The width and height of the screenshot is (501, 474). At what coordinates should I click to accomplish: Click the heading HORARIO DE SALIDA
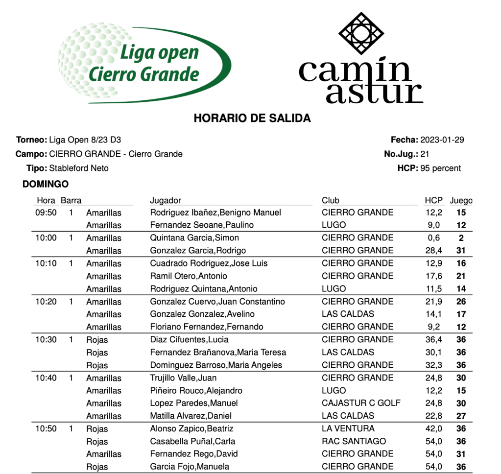(x=252, y=118)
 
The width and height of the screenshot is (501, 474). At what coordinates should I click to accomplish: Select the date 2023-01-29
(x=442, y=140)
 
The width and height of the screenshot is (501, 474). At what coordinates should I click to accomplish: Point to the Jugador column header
(x=166, y=200)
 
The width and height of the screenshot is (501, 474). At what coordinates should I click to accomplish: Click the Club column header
(x=331, y=200)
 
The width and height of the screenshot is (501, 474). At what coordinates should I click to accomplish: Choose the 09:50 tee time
(x=46, y=213)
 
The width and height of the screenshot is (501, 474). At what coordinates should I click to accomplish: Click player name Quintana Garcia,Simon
(x=194, y=238)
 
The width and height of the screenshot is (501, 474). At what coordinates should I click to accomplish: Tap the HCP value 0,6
(x=433, y=238)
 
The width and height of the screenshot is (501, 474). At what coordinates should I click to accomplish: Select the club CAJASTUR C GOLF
(x=361, y=403)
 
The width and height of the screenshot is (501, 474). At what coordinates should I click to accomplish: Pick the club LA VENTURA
(x=348, y=428)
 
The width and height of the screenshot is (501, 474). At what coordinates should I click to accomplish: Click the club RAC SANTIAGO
(x=354, y=441)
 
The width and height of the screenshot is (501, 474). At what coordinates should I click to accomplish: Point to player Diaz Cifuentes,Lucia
(x=189, y=340)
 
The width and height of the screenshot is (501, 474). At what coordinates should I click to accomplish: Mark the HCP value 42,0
(x=433, y=428)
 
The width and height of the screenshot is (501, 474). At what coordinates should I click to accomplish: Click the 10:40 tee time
(x=46, y=378)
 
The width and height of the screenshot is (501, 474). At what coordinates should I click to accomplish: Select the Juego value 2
(x=461, y=238)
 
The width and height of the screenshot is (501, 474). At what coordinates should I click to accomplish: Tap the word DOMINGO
(x=46, y=184)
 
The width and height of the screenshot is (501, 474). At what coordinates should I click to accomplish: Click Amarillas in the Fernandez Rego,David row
(x=104, y=454)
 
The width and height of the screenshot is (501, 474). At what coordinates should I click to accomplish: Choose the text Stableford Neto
(x=79, y=168)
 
